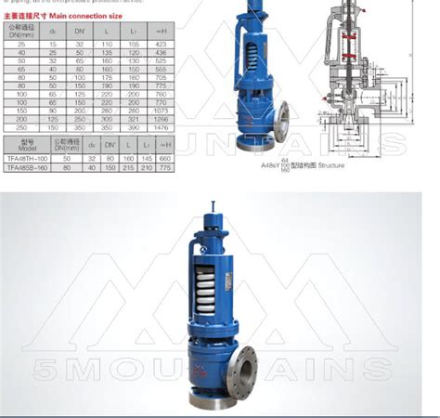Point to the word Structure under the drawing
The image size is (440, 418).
330,165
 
